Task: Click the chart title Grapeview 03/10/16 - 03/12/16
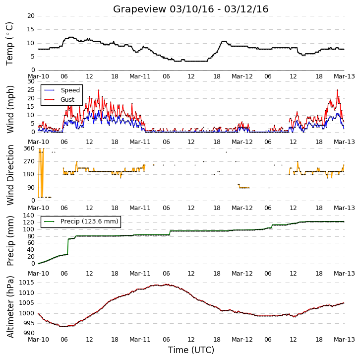[x=190, y=9]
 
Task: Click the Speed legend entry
[x=62, y=90]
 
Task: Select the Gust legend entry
[x=59, y=99]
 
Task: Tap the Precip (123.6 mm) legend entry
[x=81, y=221]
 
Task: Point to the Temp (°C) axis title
[x=9, y=44]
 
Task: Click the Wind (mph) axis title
[x=10, y=109]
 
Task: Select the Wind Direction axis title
[x=10, y=175]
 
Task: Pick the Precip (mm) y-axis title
[x=10, y=241]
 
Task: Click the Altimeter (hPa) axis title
[x=10, y=307]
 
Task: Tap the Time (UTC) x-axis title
[x=191, y=350]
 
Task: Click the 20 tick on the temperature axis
[x=31, y=16]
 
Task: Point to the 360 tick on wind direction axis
[x=29, y=148]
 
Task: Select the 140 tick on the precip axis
[x=29, y=216]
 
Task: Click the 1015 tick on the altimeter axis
[x=27, y=283]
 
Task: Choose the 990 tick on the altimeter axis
[x=29, y=333]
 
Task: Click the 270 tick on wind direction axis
[x=29, y=161]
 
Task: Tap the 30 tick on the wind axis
[x=31, y=81]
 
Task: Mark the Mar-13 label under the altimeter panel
[x=344, y=340]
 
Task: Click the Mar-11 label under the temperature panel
[x=140, y=76]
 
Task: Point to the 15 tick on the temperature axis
[x=31, y=29]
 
